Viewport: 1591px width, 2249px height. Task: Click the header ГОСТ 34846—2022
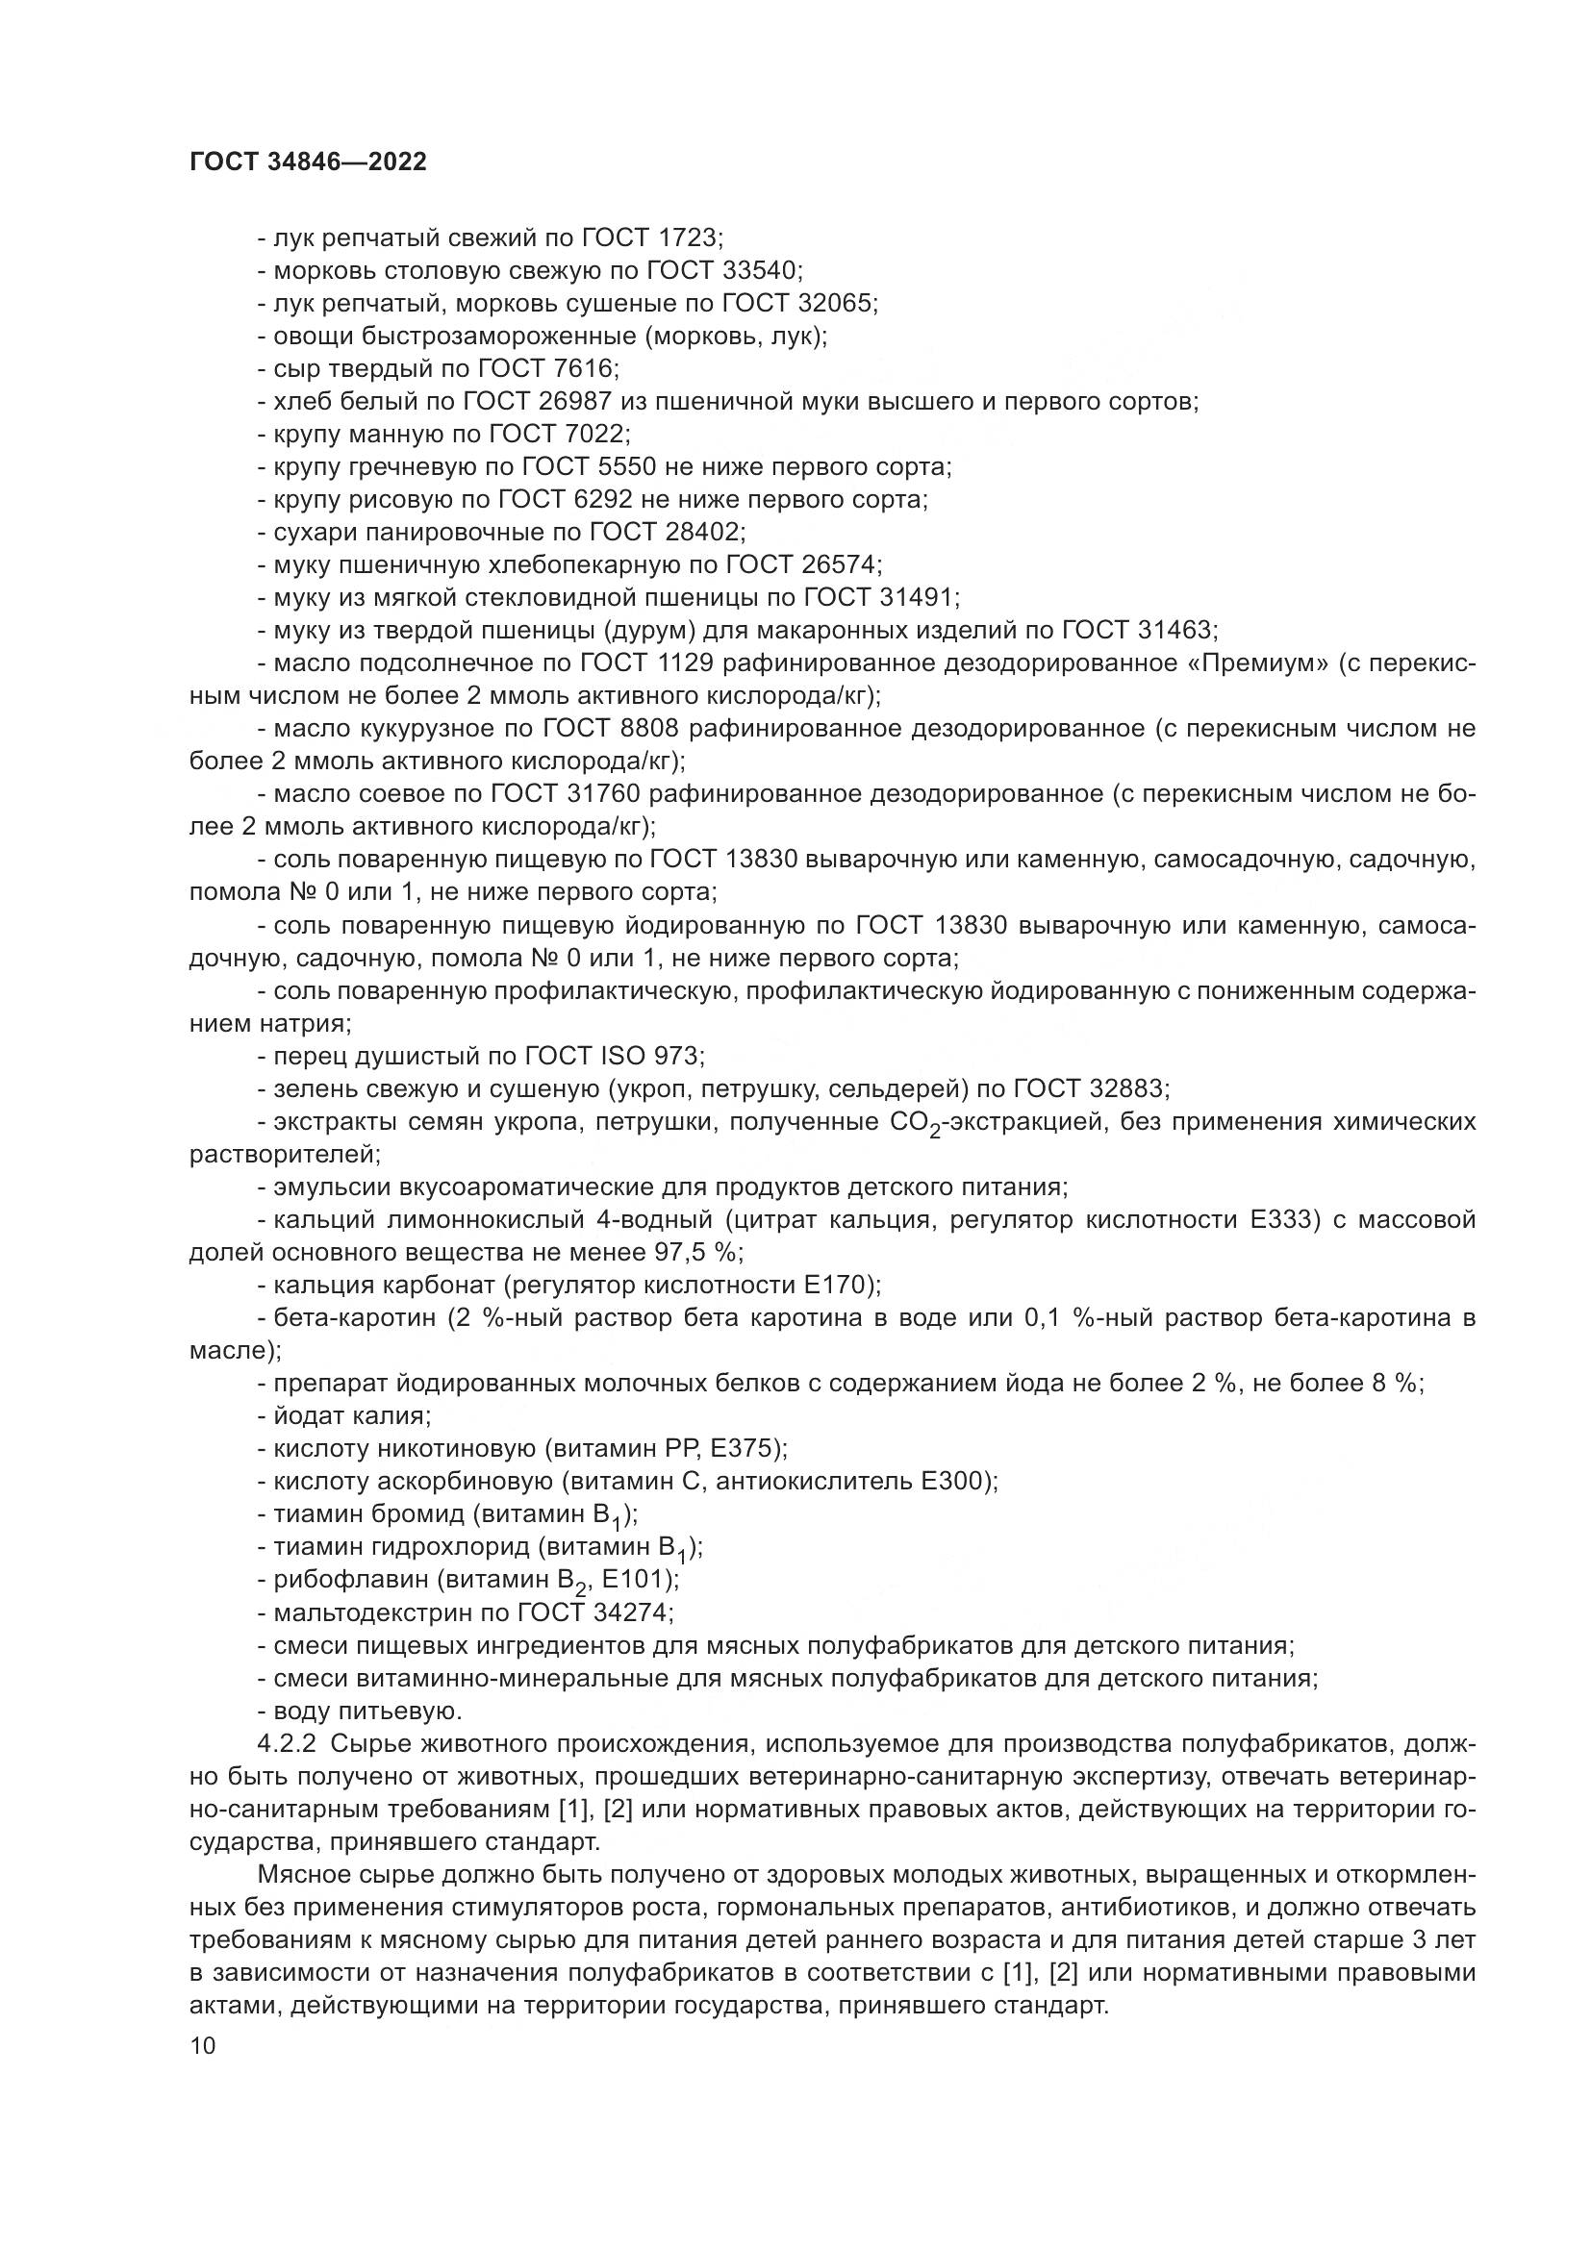(x=308, y=162)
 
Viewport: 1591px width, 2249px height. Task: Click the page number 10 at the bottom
(x=202, y=2045)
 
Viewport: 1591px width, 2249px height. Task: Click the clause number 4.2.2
(x=289, y=1742)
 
